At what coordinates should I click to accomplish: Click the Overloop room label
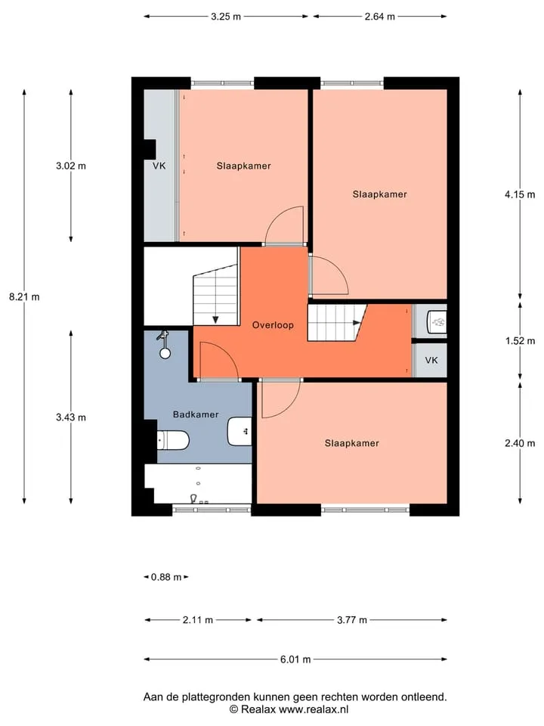[273, 325]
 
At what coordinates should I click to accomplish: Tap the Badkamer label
[196, 414]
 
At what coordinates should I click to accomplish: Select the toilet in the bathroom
[173, 440]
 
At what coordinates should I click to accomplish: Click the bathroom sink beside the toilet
[240, 432]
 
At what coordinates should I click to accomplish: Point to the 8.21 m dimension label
[24, 296]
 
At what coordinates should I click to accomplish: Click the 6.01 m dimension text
[295, 659]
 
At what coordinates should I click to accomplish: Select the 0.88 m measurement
[166, 577]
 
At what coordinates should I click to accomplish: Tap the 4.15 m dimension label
[520, 194]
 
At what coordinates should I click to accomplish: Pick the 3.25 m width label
[226, 17]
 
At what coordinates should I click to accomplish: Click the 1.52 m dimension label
[520, 341]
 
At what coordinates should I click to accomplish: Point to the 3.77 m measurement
[351, 620]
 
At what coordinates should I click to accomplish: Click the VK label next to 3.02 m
[159, 166]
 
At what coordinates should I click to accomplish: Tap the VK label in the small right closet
[431, 360]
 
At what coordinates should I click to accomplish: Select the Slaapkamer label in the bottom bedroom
[351, 443]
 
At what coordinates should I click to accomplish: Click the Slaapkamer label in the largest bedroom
[380, 194]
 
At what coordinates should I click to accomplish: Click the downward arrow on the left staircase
[215, 319]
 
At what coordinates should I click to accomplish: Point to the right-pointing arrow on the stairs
[357, 323]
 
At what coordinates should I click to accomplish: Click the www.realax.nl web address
[313, 709]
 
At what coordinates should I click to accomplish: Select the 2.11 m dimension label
[197, 620]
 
